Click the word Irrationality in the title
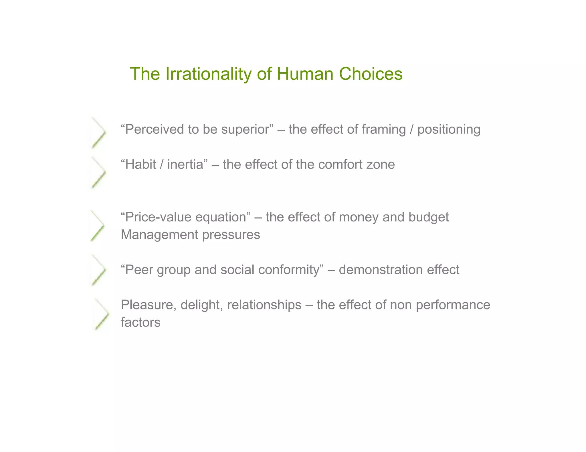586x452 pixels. [x=208, y=74]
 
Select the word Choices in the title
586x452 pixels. [x=371, y=74]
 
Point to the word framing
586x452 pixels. [x=384, y=129]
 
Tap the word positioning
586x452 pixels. [x=449, y=129]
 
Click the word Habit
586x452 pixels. [x=140, y=165]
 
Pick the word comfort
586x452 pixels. [x=336, y=165]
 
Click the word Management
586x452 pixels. [x=159, y=235]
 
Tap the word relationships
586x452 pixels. [x=264, y=305]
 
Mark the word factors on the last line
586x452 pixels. [x=140, y=322]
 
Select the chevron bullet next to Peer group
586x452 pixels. [x=98, y=270]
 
